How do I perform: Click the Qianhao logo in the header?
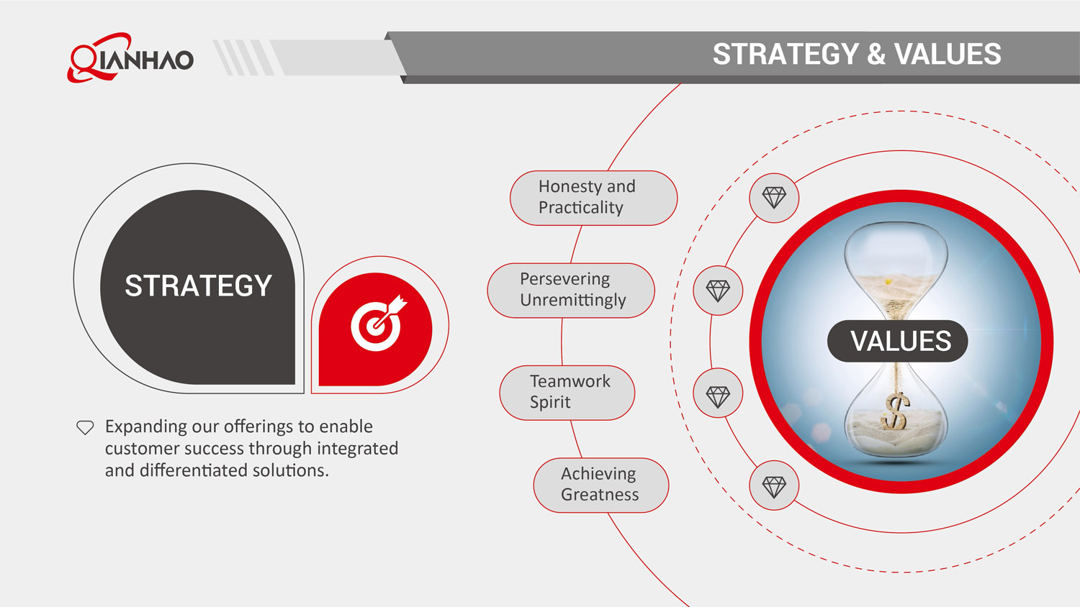130,57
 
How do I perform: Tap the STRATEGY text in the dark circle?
198,286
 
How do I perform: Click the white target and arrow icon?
377,324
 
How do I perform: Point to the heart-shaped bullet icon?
85,427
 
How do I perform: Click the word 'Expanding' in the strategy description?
146,426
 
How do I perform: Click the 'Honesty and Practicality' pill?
593,198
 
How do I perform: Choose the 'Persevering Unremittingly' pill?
571,290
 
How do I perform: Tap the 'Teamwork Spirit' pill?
567,392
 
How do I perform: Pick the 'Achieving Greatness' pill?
600,485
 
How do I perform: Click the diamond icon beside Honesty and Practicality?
774,198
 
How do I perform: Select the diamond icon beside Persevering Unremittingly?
718,291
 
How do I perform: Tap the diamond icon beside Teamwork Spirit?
718,396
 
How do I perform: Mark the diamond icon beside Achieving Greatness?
774,487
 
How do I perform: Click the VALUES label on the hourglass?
900,341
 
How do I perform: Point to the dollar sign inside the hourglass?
895,412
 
